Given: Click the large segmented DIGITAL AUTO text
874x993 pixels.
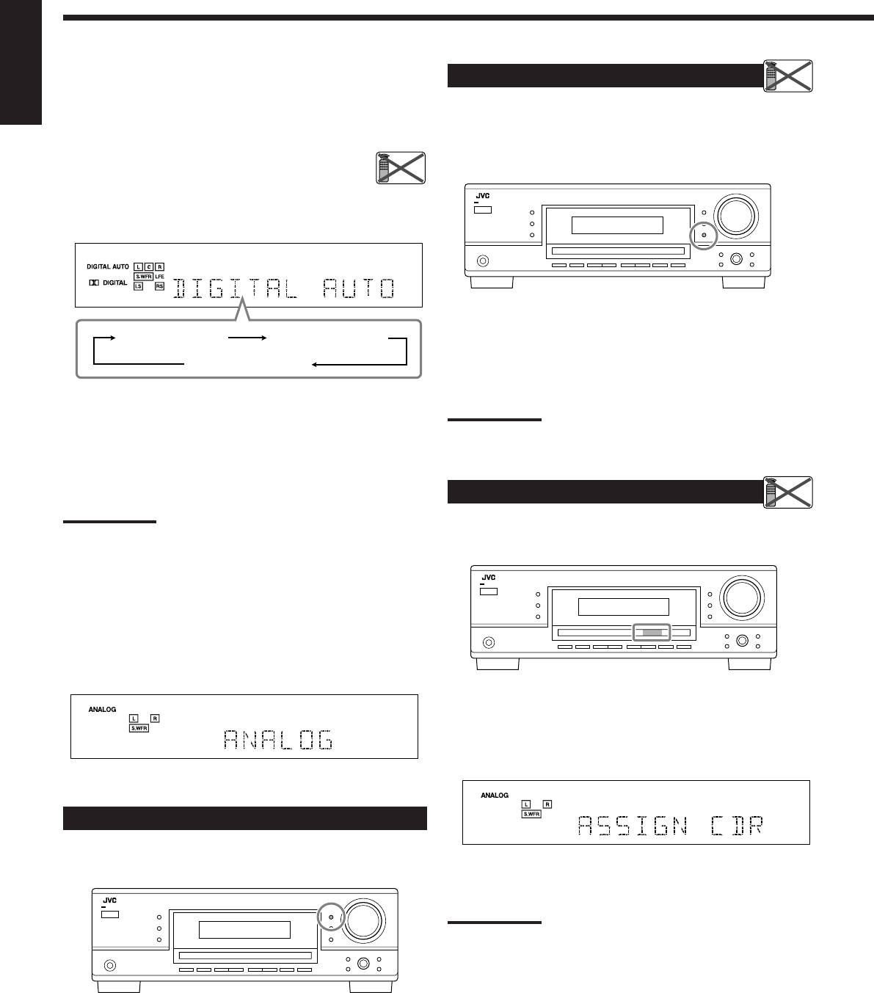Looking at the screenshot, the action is (x=284, y=288).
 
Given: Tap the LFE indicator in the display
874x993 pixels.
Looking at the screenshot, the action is (x=159, y=276).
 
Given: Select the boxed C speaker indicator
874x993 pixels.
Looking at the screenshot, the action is (x=148, y=266).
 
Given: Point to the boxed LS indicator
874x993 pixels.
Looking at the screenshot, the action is (x=138, y=286).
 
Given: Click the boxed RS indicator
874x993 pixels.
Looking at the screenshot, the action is (x=159, y=286).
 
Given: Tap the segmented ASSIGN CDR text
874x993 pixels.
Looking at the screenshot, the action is (x=670, y=826).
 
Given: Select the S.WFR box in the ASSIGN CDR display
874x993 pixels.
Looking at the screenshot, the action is (x=531, y=815).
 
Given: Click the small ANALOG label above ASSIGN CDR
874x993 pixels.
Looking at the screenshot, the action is (x=495, y=795).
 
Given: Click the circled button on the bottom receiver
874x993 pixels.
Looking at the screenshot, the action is (x=330, y=917).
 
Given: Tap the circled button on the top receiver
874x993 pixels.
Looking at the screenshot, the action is (x=703, y=235).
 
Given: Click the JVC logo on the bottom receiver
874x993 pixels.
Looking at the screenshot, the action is (x=109, y=900).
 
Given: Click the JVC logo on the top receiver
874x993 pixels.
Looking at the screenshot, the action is (x=481, y=197).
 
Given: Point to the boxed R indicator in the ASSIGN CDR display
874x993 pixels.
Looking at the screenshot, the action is (x=547, y=804).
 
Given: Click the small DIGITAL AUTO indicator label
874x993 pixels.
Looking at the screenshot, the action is (x=108, y=266).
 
